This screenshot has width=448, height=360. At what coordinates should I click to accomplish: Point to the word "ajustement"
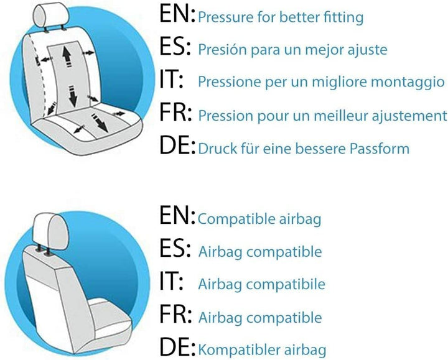coord(409,116)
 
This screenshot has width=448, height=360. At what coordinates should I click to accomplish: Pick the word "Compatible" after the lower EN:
coord(236,219)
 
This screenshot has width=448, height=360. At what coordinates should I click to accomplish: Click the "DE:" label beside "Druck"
coord(177,145)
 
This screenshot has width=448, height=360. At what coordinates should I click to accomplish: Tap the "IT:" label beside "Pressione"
coord(171,80)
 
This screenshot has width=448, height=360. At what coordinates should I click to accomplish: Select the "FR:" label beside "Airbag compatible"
coord(175,314)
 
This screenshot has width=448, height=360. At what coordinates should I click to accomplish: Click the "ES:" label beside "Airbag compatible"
coord(175,248)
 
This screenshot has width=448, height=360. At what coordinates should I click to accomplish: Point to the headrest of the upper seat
coord(52,15)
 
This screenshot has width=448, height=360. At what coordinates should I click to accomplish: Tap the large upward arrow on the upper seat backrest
coord(67,56)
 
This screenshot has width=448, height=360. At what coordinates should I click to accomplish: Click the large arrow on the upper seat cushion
coord(100,122)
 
